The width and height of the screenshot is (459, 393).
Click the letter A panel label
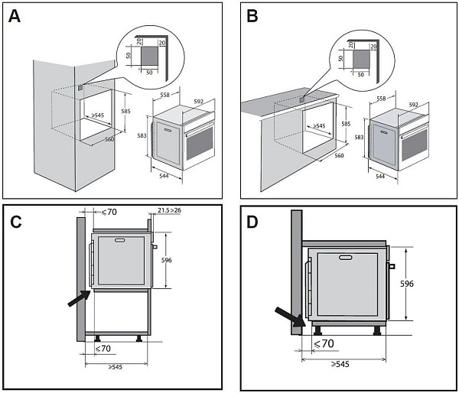point(15,17)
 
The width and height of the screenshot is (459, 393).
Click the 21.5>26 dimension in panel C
point(170,209)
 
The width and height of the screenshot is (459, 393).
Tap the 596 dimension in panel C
point(167,261)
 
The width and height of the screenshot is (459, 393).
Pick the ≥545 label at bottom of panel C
point(116,366)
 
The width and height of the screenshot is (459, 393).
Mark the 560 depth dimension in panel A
point(109,140)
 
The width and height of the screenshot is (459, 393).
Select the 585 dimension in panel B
point(347,123)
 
